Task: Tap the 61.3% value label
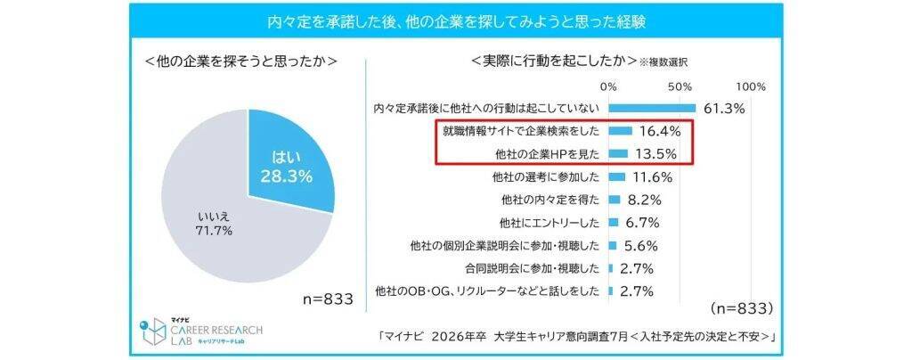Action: tap(723, 109)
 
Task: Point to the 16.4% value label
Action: tap(660, 131)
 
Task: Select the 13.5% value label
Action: tap(655, 154)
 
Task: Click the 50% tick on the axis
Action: tap(680, 86)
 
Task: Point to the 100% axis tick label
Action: tap(751, 86)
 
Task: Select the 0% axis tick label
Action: tap(609, 86)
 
